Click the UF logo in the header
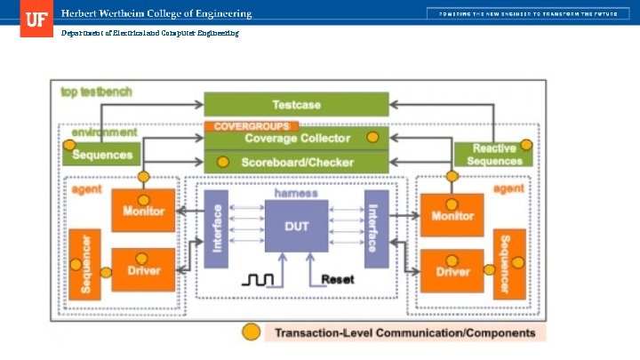[x=36, y=19]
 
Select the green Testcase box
[x=297, y=105]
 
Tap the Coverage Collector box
[x=297, y=138]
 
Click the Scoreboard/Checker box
[x=297, y=163]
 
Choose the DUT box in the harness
[x=296, y=227]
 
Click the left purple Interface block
[x=216, y=228]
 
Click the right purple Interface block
[x=376, y=228]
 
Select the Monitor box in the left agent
[x=143, y=211]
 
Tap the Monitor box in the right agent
[x=452, y=215]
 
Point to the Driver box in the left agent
[x=143, y=268]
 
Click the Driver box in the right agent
[x=452, y=272]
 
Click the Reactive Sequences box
[x=494, y=155]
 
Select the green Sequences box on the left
[x=101, y=155]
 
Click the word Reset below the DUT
[x=337, y=279]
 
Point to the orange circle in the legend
[x=252, y=332]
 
